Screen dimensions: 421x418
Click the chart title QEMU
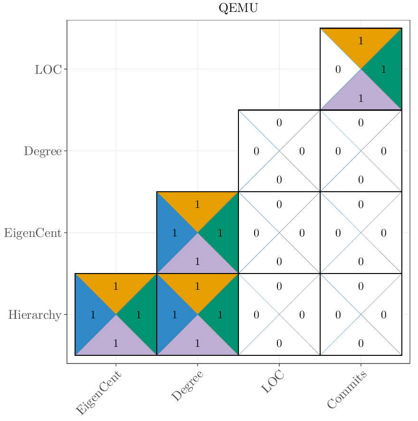238,8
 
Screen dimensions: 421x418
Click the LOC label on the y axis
48,69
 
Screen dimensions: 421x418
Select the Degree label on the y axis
43,151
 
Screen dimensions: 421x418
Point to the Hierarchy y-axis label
35,315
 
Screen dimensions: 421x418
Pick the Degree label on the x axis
187,386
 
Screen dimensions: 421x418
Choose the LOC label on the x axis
273,382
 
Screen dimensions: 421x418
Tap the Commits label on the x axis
347,390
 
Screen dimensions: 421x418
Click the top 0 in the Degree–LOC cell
279,123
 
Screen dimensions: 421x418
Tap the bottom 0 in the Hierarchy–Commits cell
361,343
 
